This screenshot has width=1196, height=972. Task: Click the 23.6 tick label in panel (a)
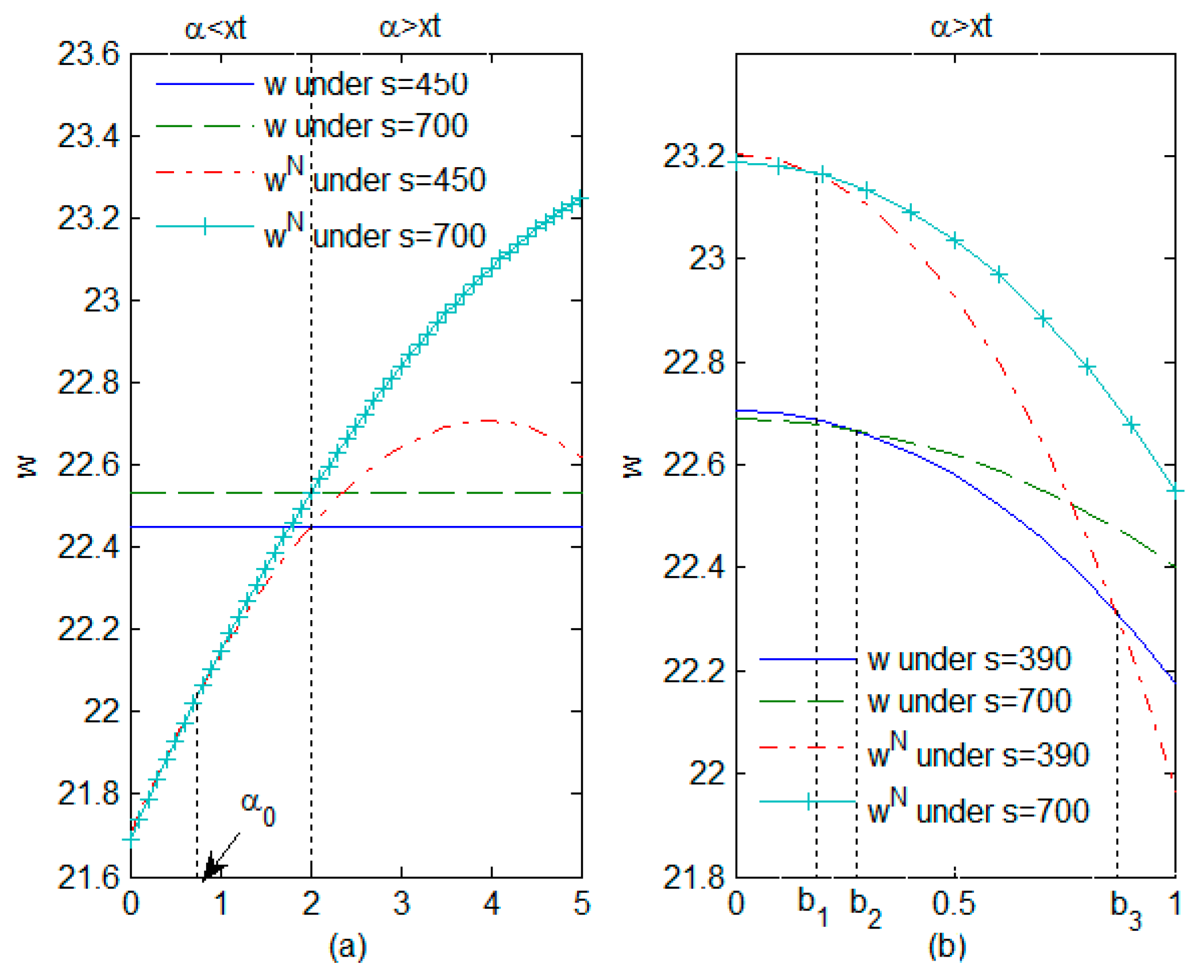(88, 55)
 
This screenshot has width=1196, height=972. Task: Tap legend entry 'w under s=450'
(365, 84)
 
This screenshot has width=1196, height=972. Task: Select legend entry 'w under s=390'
(968, 659)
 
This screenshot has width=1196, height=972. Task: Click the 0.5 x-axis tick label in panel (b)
(953, 904)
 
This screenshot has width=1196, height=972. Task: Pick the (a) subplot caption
(348, 947)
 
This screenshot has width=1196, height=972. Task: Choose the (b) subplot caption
(947, 947)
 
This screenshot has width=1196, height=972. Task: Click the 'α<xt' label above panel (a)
(215, 27)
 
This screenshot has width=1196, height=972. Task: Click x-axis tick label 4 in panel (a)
(491, 904)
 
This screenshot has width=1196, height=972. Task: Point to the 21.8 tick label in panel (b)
(693, 877)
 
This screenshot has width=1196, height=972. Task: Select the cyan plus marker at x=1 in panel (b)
(1175, 491)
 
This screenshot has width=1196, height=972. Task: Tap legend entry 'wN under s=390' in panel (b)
(978, 753)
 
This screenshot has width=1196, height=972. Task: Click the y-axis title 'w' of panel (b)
(632, 467)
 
